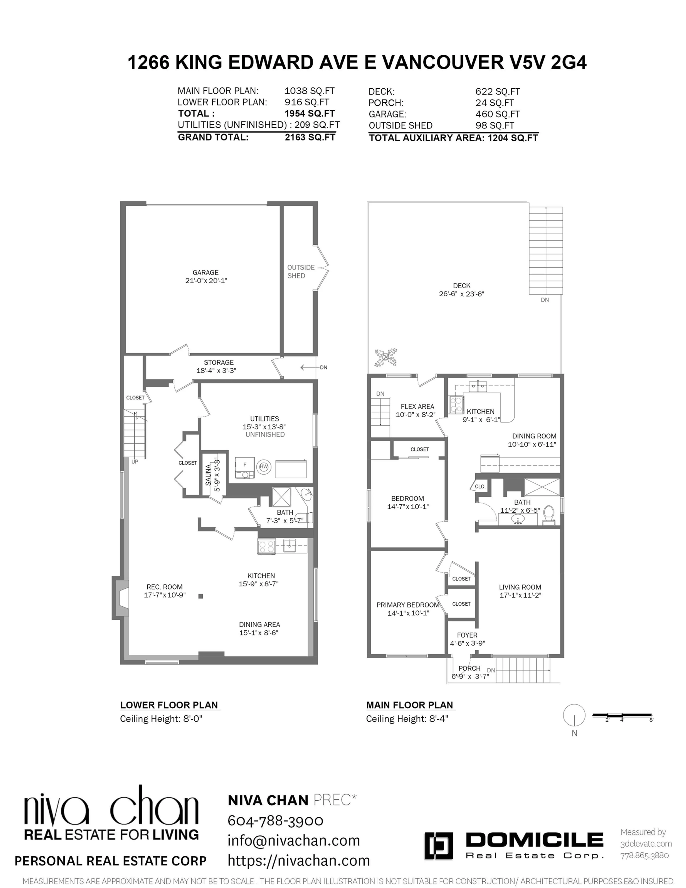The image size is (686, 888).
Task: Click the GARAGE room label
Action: (x=205, y=272)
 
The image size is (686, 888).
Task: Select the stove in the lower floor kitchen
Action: (x=266, y=546)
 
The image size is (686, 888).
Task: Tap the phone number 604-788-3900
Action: (x=275, y=820)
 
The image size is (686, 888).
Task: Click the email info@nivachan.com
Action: (x=294, y=840)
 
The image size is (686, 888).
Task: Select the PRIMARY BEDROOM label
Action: (x=407, y=605)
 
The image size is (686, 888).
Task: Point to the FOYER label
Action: (x=467, y=635)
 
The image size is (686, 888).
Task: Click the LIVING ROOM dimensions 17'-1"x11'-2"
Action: (x=520, y=595)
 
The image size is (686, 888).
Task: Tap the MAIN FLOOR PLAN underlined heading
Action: (x=409, y=705)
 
